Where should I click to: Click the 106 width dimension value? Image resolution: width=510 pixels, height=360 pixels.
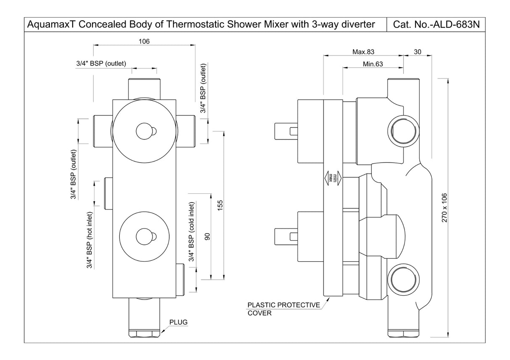(x=144, y=41)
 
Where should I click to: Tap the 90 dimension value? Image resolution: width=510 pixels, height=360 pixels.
(x=207, y=236)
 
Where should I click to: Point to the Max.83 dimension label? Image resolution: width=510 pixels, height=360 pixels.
(x=363, y=52)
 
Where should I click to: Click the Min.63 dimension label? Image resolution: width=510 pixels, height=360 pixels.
(x=373, y=64)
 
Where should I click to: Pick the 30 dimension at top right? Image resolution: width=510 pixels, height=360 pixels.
(x=418, y=52)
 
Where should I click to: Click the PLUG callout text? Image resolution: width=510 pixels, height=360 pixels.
(x=178, y=322)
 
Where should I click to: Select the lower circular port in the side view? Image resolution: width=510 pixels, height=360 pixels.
(x=402, y=279)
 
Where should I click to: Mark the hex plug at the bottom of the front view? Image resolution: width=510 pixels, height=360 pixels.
(x=145, y=334)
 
